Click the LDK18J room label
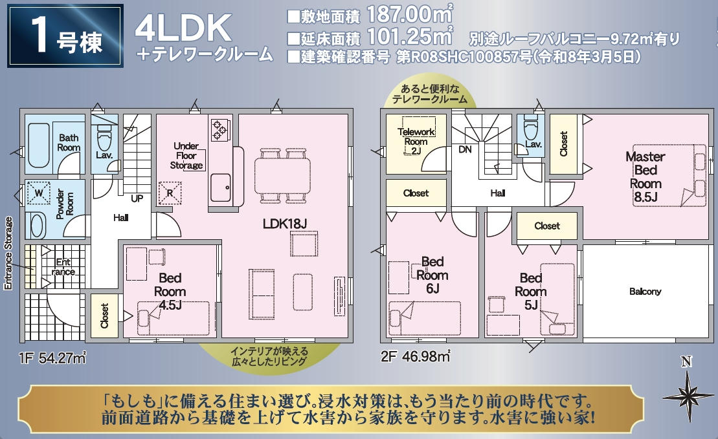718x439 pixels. (x=284, y=224)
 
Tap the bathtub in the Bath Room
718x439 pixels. (x=38, y=145)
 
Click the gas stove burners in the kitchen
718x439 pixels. (x=218, y=129)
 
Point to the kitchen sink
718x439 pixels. (x=220, y=187)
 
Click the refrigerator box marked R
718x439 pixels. (x=170, y=193)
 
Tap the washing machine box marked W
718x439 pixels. (x=38, y=193)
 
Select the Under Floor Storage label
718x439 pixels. (x=186, y=155)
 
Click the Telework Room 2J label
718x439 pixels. (x=416, y=141)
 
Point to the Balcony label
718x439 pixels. (x=645, y=292)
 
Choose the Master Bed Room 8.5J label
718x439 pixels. (x=645, y=177)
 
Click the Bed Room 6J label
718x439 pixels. (x=432, y=275)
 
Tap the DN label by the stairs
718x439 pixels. (x=465, y=149)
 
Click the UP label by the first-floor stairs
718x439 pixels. (x=137, y=198)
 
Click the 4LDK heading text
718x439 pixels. (x=183, y=28)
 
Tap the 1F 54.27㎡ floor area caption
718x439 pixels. (x=52, y=358)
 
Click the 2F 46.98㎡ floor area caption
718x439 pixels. (x=415, y=356)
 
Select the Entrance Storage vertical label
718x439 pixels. (x=8, y=253)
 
